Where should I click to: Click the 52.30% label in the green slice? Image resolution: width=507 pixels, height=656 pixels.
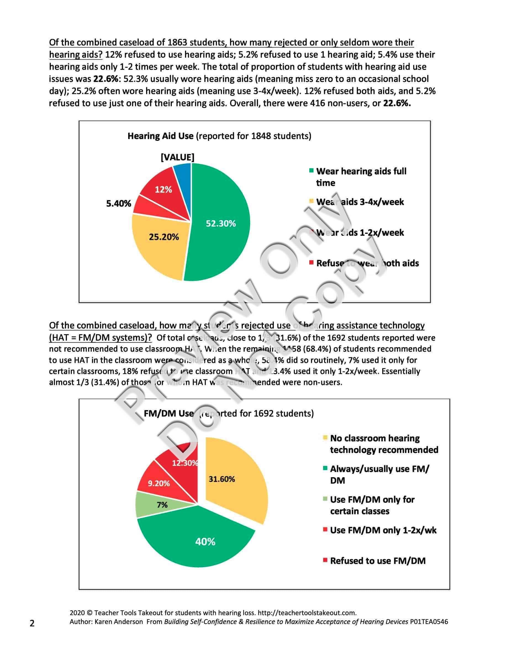[220, 223]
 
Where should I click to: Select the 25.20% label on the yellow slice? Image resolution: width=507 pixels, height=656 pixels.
[164, 237]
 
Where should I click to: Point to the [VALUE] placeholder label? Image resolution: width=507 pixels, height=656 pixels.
[178, 157]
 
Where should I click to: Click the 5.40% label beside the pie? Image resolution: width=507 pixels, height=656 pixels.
[119, 204]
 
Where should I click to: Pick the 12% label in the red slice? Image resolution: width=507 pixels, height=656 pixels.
[163, 189]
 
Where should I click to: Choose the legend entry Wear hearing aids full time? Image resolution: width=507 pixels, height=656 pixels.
[361, 177]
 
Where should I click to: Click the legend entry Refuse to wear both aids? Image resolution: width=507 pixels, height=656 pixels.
[367, 263]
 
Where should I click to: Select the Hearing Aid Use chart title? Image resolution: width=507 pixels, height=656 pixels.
[219, 136]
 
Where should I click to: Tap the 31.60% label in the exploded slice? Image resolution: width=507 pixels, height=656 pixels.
[222, 479]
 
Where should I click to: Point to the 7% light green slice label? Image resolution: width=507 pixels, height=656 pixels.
[162, 505]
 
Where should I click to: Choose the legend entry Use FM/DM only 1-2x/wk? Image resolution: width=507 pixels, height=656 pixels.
[383, 530]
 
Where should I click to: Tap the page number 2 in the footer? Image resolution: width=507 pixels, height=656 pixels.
[32, 623]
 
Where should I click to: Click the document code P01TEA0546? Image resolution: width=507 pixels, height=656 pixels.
[429, 622]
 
